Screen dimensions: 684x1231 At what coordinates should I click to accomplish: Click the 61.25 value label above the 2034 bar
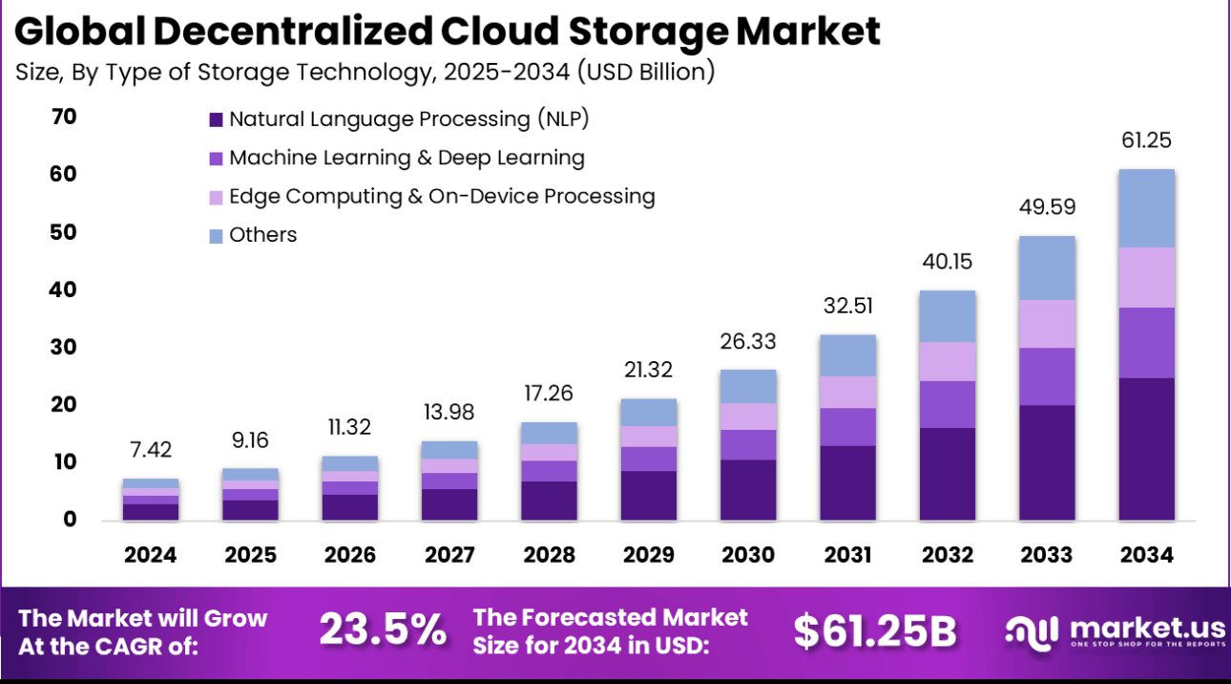point(1146,141)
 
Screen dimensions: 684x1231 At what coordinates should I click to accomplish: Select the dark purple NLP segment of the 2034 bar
point(1146,449)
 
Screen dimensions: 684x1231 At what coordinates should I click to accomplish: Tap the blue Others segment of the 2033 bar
point(1047,267)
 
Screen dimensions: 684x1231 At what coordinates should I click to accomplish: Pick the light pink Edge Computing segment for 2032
point(948,361)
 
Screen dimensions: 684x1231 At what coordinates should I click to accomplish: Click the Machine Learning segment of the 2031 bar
point(848,427)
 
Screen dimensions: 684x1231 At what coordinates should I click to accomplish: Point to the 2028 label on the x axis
point(550,555)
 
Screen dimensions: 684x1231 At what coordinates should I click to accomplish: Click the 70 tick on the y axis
point(65,118)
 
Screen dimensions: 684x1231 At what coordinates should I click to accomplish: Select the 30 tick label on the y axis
point(65,348)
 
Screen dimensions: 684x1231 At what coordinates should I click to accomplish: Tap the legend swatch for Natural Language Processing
point(216,120)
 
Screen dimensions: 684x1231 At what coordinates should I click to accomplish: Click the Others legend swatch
point(216,236)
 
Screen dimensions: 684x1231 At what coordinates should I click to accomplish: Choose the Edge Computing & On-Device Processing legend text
point(442,197)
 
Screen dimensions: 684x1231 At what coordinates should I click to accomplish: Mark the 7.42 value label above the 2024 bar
point(151,450)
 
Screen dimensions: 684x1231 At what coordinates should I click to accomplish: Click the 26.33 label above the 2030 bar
point(748,341)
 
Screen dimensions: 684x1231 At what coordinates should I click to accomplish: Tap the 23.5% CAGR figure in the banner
point(382,630)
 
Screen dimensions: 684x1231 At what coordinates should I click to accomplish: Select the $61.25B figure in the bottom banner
point(875,630)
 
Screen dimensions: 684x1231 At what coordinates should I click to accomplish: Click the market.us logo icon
point(1033,631)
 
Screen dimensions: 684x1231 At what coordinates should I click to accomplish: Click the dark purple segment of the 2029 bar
point(649,495)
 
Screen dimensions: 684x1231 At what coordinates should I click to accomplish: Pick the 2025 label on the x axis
point(251,555)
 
